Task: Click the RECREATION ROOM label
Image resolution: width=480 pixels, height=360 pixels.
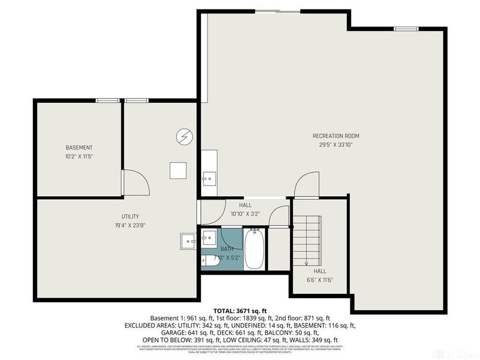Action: pos(335,136)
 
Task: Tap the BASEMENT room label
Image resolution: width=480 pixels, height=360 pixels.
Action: pos(79,148)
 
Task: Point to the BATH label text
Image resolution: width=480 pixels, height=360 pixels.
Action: pos(227,248)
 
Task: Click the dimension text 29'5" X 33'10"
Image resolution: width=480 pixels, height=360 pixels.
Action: pos(335,145)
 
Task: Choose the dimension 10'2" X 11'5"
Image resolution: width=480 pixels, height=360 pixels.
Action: pos(79,157)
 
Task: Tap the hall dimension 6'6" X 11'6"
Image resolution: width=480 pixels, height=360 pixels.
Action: pos(319,280)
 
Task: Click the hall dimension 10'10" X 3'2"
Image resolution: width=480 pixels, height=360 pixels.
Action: pos(244,214)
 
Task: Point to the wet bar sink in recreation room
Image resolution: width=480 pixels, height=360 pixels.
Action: pos(209,178)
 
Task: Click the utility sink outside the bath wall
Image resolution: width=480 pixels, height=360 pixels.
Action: pos(188,241)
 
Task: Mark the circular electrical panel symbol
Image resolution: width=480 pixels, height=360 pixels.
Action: pos(183,137)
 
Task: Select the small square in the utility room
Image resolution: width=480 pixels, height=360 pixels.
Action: pos(177,170)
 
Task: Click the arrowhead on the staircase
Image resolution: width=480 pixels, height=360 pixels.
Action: pos(305,262)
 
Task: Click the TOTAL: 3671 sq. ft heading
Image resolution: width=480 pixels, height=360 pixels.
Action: pos(239,311)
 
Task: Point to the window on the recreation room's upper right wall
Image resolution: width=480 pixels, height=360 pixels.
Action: pos(406,28)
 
